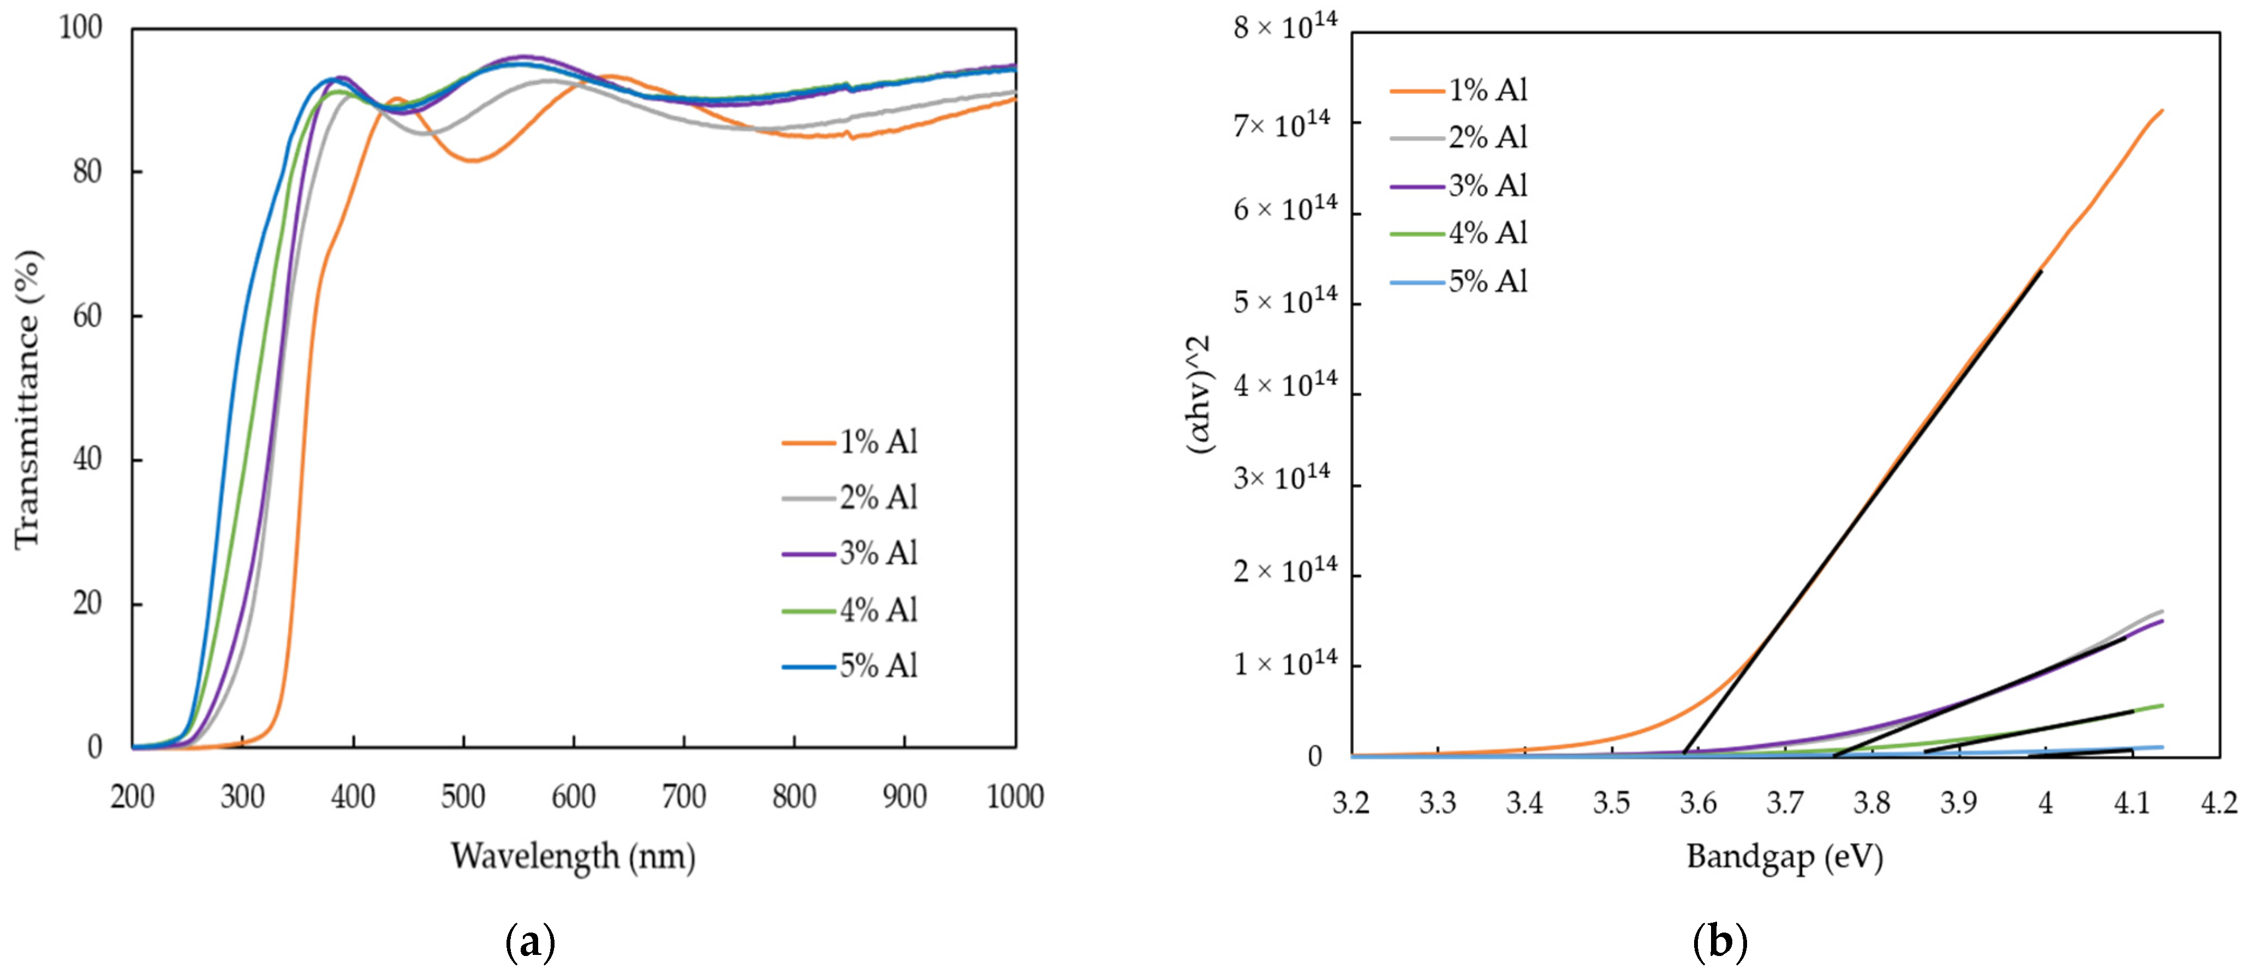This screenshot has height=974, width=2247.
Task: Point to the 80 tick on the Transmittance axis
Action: point(88,172)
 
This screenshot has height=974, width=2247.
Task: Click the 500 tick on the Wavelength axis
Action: point(463,797)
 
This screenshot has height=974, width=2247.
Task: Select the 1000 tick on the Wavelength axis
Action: point(1015,797)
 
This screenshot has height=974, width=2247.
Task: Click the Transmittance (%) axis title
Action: point(28,399)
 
